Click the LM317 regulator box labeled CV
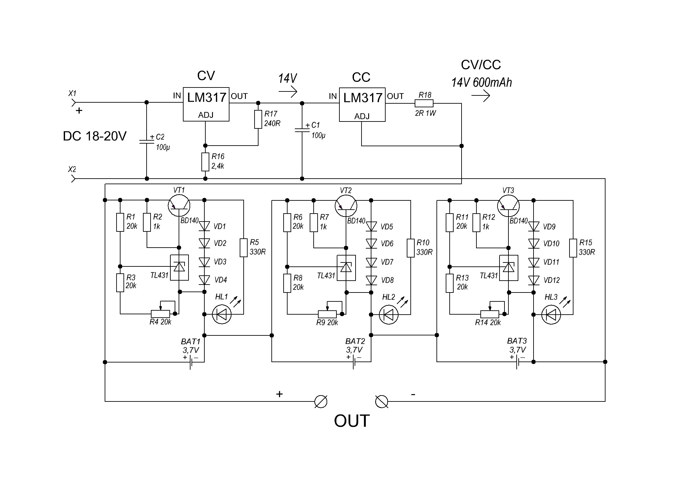pos(206,104)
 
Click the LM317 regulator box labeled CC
pos(362,105)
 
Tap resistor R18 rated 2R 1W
pos(424,103)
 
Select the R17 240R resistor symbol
pos(258,119)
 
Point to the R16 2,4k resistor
pos(205,162)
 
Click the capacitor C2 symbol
pos(147,142)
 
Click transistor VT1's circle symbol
pos(179,206)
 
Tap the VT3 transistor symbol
pos(508,206)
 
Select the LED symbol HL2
pos(389,315)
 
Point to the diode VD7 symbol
pos(371,262)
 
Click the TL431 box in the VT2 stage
pos(346,268)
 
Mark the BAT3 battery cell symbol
pos(517,362)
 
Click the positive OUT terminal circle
pos(321,402)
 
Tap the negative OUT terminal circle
pos(382,402)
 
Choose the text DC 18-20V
pos(95,136)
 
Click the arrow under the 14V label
pos(288,91)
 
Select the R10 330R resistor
pos(411,248)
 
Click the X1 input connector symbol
pos(73,103)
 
